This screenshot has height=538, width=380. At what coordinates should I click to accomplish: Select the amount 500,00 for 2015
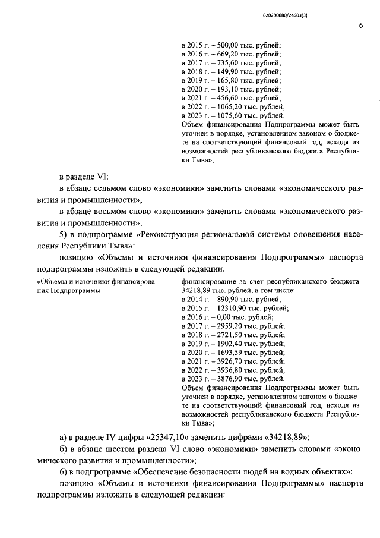pyautogui.click(x=221, y=45)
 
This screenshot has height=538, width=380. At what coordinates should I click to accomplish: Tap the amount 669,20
pyautogui.click(x=221, y=54)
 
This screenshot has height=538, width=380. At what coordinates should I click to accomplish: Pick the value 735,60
pyautogui.click(x=221, y=63)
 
